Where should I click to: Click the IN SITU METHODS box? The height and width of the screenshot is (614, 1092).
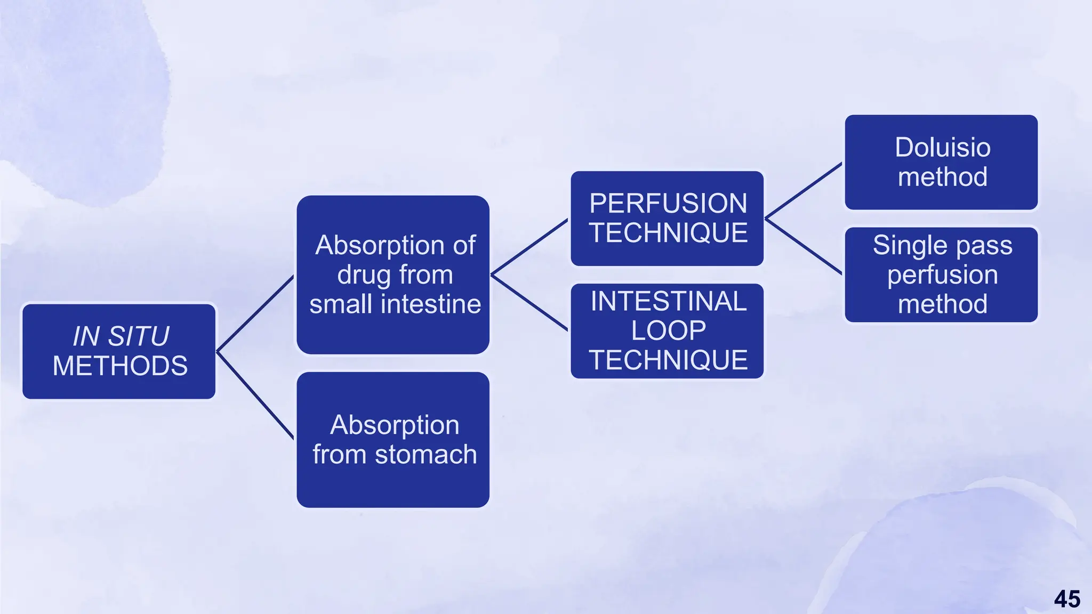pyautogui.click(x=119, y=351)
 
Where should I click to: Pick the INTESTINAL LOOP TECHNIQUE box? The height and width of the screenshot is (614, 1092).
pyautogui.click(x=667, y=331)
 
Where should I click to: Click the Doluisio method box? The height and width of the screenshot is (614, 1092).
pyautogui.click(x=941, y=162)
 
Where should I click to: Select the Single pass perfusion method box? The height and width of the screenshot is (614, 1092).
pyautogui.click(x=941, y=274)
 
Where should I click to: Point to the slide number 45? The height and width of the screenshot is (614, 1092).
pyautogui.click(x=1067, y=599)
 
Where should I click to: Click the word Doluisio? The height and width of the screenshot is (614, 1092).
pyautogui.click(x=943, y=148)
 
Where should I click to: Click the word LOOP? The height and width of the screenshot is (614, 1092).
pyautogui.click(x=669, y=330)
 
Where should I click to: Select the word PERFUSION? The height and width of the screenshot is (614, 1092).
pyautogui.click(x=668, y=204)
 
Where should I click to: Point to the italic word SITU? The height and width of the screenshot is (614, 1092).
pyautogui.click(x=139, y=336)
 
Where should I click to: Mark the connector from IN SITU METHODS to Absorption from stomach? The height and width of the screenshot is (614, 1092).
pyautogui.click(x=255, y=395)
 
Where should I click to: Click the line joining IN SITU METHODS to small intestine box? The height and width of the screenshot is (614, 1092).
pyautogui.click(x=255, y=313)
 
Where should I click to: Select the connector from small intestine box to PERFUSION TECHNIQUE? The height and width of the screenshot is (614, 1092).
pyautogui.click(x=529, y=247)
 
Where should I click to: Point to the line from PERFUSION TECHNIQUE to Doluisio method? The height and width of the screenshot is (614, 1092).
pyautogui.click(x=804, y=190)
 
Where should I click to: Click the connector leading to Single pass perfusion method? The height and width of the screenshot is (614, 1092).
pyautogui.click(x=804, y=246)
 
